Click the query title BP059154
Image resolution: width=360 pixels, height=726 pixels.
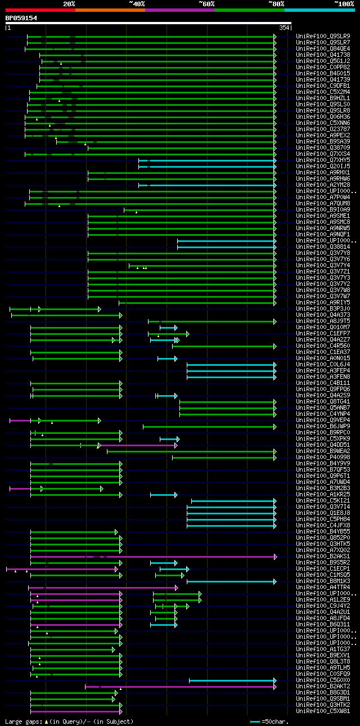click(x=21, y=18)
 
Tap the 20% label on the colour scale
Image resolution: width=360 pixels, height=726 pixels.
click(x=69, y=3)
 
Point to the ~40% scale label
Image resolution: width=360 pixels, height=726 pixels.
click(x=137, y=3)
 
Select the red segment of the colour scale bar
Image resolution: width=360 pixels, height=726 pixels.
click(x=40, y=10)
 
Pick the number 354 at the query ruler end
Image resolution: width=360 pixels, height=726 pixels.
click(x=283, y=28)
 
